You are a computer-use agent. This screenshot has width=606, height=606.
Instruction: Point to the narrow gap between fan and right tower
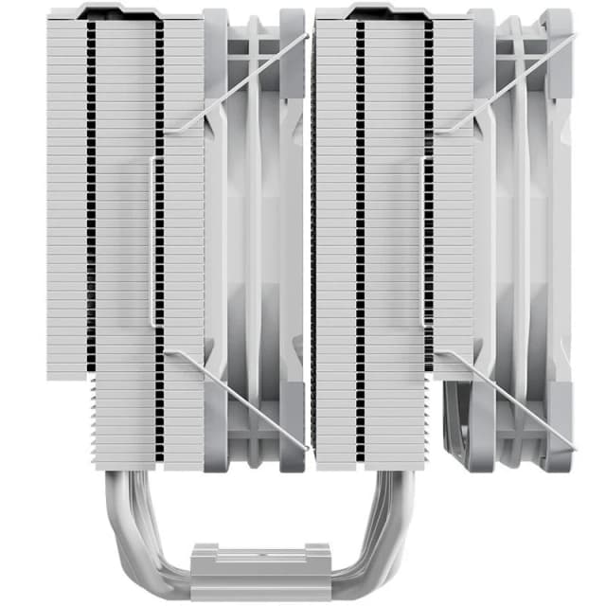click(312, 237)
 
